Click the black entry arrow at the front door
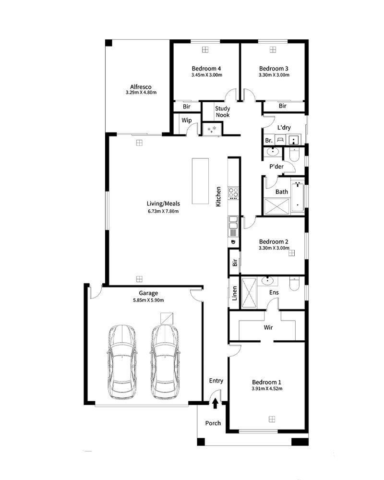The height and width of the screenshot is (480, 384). [215, 403]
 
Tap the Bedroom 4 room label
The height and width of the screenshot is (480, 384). [206, 69]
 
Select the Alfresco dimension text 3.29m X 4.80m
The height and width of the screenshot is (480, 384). [141, 93]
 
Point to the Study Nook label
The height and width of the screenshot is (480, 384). [223, 112]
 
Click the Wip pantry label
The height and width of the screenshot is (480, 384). [187, 120]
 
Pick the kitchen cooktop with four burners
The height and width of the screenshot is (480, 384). [233, 193]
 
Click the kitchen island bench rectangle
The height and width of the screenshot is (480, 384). [200, 181]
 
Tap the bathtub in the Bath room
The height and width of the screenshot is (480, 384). [297, 197]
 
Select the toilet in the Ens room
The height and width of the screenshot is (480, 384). [294, 284]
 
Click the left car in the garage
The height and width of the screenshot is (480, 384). [122, 362]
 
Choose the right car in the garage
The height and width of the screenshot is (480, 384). [165, 362]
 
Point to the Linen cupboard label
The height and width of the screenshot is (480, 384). [235, 293]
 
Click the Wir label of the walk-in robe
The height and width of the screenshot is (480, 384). [268, 327]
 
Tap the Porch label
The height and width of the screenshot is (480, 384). [213, 423]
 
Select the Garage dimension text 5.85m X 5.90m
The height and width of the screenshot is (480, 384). [148, 300]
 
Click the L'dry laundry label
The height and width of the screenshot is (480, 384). [284, 127]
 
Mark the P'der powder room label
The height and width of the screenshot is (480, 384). [276, 167]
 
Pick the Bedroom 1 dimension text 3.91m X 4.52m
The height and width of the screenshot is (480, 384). [267, 389]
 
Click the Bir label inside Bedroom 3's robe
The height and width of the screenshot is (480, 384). [282, 106]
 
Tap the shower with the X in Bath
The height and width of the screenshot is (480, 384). [277, 206]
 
